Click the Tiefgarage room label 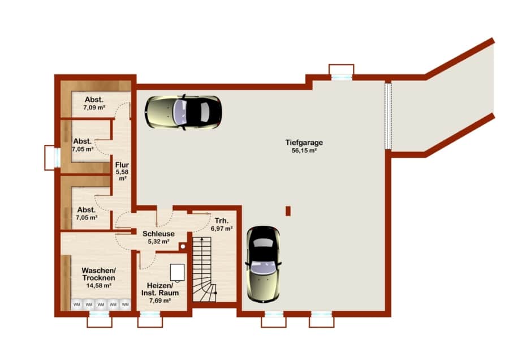tap(304, 143)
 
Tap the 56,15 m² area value tap(304, 151)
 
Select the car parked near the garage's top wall tap(183, 113)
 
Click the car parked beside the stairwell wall tap(263, 264)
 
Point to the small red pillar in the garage tap(288, 211)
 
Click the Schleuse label tap(158, 234)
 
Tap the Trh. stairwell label tap(221, 221)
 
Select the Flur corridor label tap(122, 165)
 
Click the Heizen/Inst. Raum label tap(160, 289)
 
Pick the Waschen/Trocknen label tap(98, 274)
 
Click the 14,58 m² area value tap(98, 286)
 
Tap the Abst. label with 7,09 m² tap(94, 100)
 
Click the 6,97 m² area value tap(221, 229)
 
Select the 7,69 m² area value tap(160, 301)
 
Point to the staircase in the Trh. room tap(205, 269)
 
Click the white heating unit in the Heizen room tap(177, 272)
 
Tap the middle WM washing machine tap(101, 305)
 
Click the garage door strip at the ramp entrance tap(388, 116)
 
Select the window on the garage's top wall tap(341, 72)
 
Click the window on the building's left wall tap(53, 157)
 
